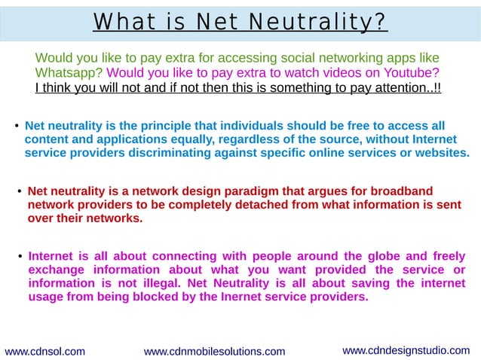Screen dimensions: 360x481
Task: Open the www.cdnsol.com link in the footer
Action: pyautogui.click(x=44, y=351)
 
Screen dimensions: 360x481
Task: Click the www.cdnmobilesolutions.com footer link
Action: pyautogui.click(x=214, y=351)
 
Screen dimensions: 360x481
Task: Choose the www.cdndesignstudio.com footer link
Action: pyautogui.click(x=406, y=350)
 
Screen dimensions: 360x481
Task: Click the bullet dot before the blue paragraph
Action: pyautogui.click(x=17, y=126)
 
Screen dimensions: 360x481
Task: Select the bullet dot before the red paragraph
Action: pyautogui.click(x=20, y=192)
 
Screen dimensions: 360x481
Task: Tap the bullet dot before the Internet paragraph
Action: pyautogui.click(x=20, y=257)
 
